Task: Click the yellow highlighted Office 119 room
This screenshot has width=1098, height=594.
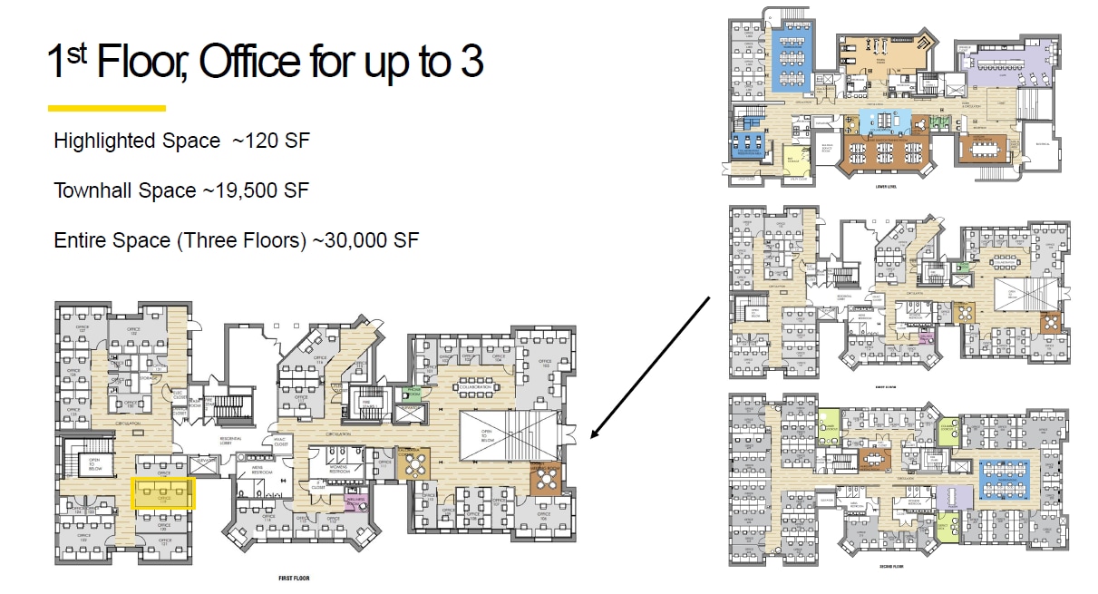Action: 164,493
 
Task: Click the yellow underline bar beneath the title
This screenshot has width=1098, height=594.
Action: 106,108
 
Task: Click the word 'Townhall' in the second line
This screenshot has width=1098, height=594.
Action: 92,190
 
